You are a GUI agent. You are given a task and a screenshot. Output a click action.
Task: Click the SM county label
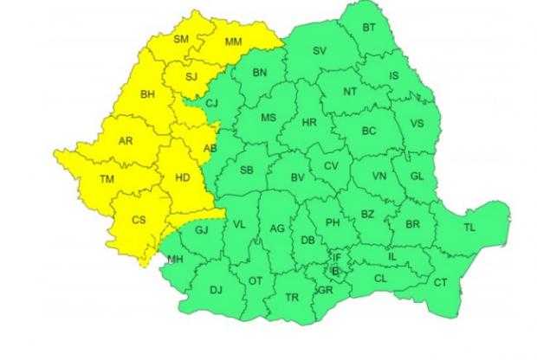pos(181,39)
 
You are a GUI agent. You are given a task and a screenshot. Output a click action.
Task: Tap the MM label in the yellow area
pos(233,42)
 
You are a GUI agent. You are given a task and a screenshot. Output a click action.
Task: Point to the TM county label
pos(107,179)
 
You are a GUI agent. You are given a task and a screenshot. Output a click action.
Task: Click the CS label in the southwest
pos(138,220)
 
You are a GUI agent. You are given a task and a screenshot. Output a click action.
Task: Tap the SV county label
pos(319,51)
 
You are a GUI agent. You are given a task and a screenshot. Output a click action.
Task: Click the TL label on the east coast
pos(469,228)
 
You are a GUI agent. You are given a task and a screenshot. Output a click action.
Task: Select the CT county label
pos(440,282)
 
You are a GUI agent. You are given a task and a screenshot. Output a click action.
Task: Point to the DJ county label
pos(216,290)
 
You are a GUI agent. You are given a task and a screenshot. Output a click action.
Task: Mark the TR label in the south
pos(293,297)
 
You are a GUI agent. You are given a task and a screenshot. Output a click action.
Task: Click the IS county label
pos(394,76)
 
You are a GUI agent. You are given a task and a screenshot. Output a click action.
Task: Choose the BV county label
pos(297,177)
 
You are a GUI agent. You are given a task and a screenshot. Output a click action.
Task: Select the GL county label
pos(417,177)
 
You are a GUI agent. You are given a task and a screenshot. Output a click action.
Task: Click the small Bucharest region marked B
pos(338,273)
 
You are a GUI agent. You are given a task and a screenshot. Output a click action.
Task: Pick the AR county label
pos(126,140)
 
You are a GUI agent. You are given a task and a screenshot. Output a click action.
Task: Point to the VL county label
pos(240,225)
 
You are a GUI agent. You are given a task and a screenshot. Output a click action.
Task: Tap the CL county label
pos(380,279)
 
